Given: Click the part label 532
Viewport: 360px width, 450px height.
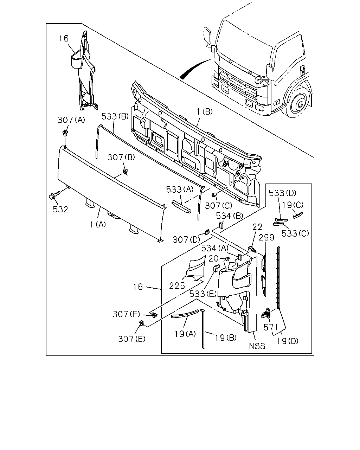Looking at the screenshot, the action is coord(60,209).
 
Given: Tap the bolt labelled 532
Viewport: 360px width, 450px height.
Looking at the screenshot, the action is coord(54,195).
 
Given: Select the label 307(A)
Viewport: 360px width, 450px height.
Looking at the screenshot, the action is coord(71,120).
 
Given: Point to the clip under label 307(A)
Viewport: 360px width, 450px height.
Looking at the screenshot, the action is coord(65,133).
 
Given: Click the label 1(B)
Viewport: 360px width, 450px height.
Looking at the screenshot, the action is coord(205,112).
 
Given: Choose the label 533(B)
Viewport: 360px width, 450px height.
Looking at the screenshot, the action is coord(115,116).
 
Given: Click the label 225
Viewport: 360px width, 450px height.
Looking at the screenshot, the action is coord(177,286).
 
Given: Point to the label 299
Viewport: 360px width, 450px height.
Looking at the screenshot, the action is coord(266,238).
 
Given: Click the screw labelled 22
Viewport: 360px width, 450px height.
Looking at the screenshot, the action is coord(252,249).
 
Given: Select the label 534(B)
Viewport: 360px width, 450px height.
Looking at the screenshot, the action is coord(230,216).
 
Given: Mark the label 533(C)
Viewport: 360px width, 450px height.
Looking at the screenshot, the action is coord(295,233).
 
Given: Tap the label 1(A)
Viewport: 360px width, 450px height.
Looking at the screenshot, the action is coord(98,225).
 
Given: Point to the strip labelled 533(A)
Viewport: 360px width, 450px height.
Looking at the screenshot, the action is coord(181,207).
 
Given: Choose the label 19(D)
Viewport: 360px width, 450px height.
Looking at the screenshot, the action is coord(288,341).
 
